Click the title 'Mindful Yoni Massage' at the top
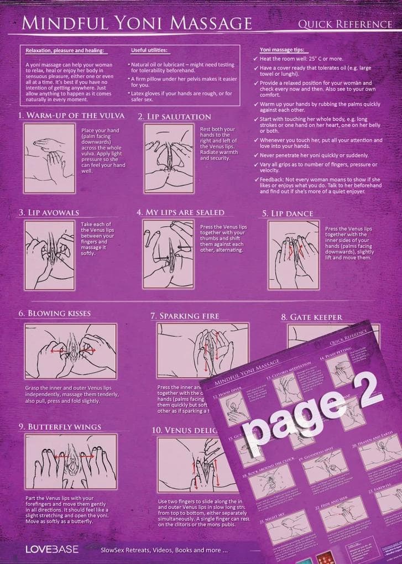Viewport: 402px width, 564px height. (x=136, y=23)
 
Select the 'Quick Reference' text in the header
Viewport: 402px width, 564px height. (x=344, y=24)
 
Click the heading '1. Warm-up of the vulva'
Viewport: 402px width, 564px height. (x=71, y=116)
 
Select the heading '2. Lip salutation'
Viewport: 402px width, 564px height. (x=174, y=117)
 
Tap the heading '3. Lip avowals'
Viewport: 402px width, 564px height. (x=49, y=212)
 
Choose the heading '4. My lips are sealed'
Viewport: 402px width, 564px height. (x=180, y=212)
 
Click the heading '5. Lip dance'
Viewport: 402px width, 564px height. (x=288, y=213)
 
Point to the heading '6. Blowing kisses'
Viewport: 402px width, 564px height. (x=54, y=313)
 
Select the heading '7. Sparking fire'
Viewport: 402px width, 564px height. (x=185, y=316)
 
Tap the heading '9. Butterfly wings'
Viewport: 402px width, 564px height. (x=60, y=427)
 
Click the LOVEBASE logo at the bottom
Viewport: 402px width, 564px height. (x=52, y=549)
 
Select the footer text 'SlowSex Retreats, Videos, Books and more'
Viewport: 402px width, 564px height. (x=164, y=551)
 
